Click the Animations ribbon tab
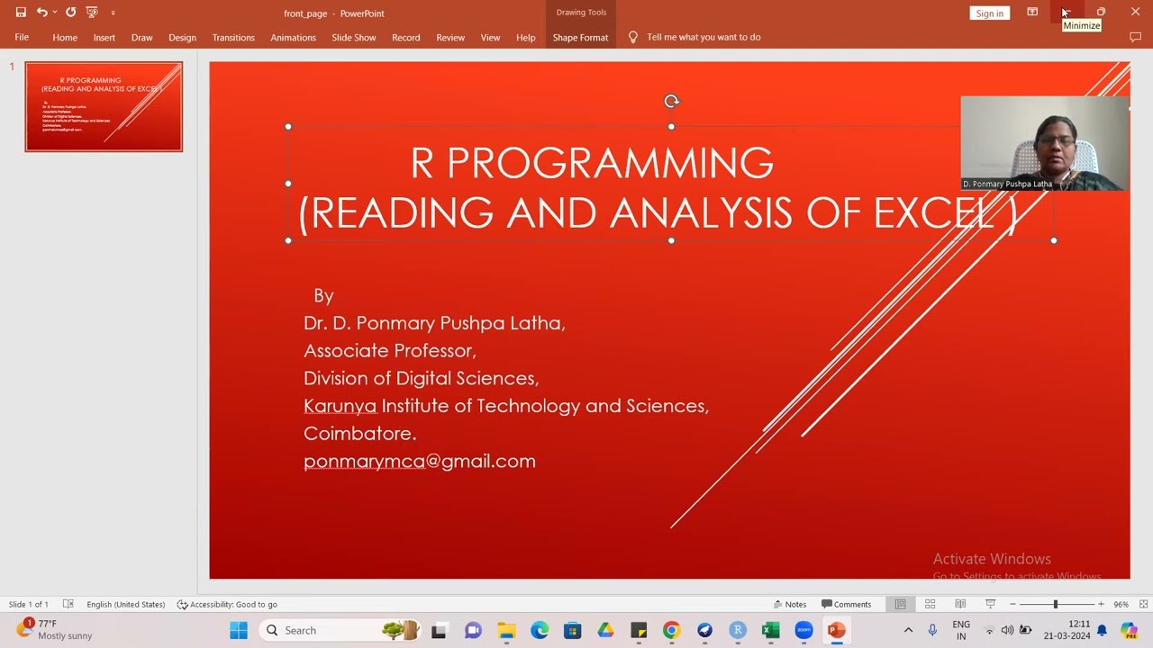pyautogui.click(x=293, y=38)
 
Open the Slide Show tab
pyautogui.click(x=353, y=38)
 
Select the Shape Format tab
pyautogui.click(x=580, y=38)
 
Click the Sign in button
pyautogui.click(x=989, y=13)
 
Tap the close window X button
pyautogui.click(x=1135, y=12)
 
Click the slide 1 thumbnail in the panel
pyautogui.click(x=104, y=106)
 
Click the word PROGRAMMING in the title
pyautogui.click(x=610, y=163)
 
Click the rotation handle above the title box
pyautogui.click(x=671, y=102)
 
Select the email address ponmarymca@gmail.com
pyautogui.click(x=419, y=461)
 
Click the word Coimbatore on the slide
pyautogui.click(x=359, y=433)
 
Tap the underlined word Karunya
pyautogui.click(x=340, y=406)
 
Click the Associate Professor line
pyautogui.click(x=389, y=350)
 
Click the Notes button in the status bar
pyautogui.click(x=790, y=604)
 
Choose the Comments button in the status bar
pyautogui.click(x=846, y=604)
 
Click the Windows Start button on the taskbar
pyautogui.click(x=239, y=630)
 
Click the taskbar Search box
pyautogui.click(x=315, y=630)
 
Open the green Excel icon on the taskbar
pyautogui.click(x=770, y=630)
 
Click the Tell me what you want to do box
pyautogui.click(x=703, y=38)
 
